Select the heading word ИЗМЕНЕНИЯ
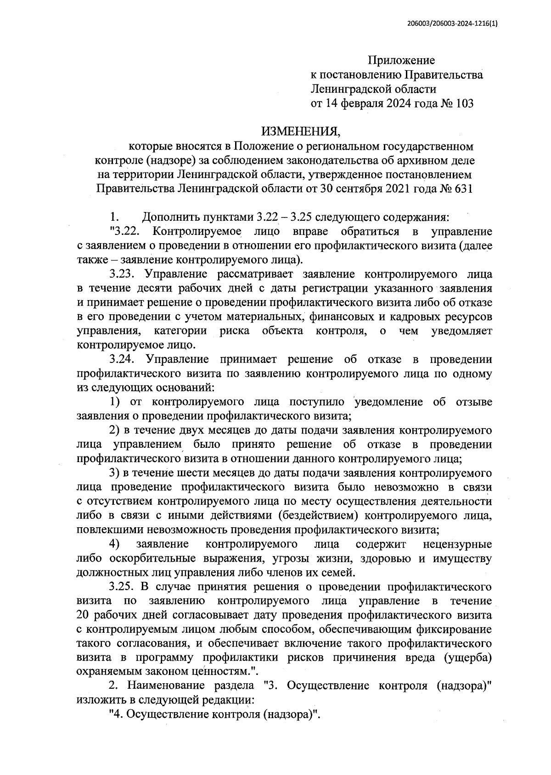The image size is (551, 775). click(301, 132)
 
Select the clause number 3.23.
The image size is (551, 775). click(123, 274)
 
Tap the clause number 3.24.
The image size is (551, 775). click(123, 359)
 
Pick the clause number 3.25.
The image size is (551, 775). click(123, 586)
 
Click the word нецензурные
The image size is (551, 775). click(457, 544)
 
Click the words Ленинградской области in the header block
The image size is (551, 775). click(373, 89)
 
